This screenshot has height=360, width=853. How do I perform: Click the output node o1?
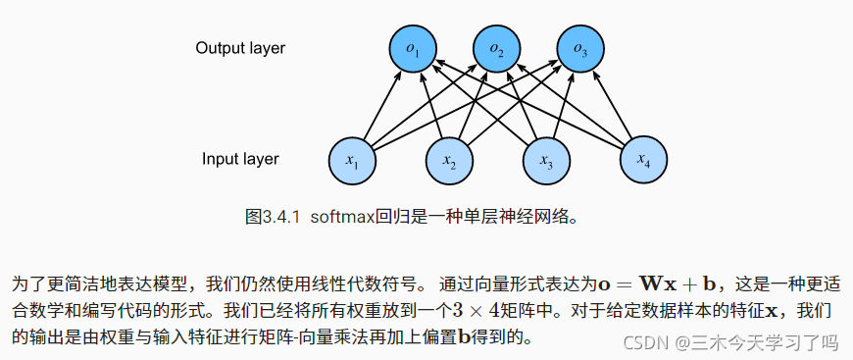413,49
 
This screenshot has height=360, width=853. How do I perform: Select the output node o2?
497,49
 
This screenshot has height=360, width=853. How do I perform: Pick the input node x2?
448,159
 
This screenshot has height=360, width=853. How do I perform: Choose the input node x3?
545,159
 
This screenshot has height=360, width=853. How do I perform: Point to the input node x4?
642,158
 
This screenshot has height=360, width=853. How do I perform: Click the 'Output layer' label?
240,48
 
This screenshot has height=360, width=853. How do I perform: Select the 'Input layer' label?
241,158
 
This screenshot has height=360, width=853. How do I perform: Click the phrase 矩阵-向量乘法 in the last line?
303,336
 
